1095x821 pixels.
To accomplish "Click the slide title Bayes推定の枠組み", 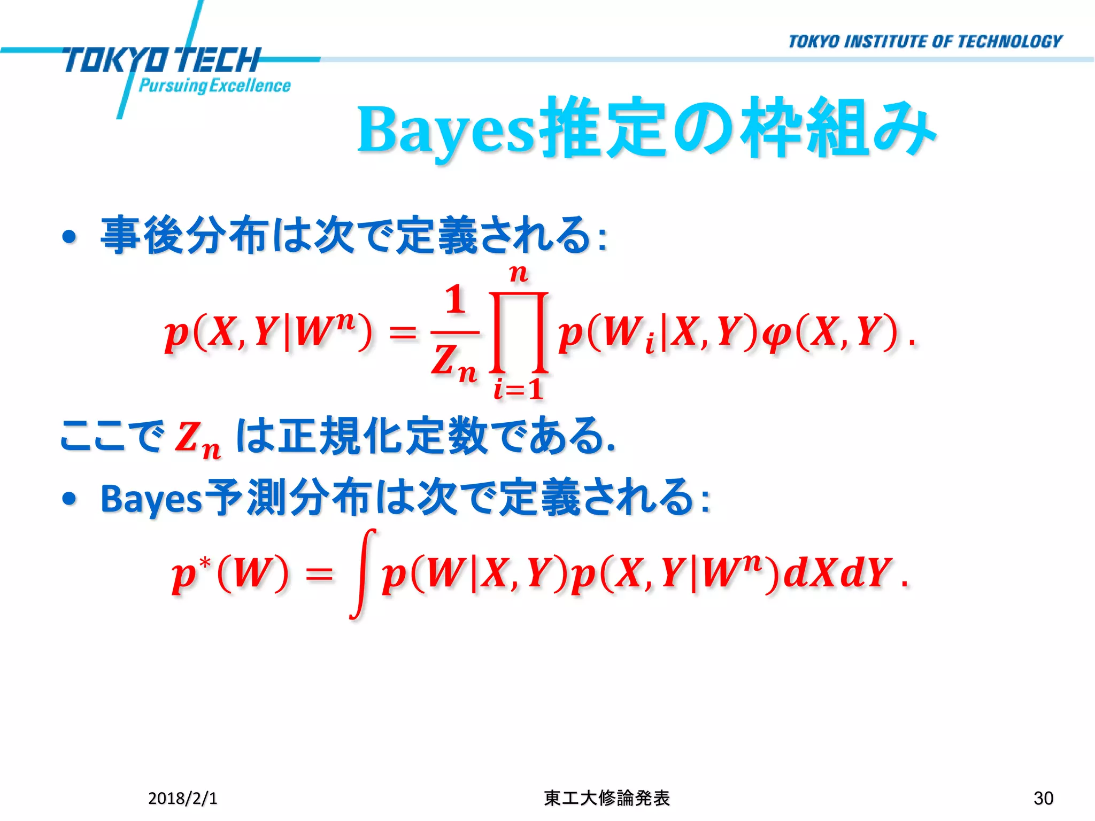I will coord(646,130).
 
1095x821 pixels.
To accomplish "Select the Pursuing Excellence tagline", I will coord(214,86).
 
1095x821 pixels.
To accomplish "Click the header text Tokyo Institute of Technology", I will coord(925,42).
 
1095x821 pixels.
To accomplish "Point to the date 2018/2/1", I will coord(183,798).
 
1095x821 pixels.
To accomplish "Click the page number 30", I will coord(1043,798).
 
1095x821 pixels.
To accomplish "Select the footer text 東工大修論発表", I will coord(607,798).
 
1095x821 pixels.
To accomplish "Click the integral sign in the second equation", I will coord(363,574).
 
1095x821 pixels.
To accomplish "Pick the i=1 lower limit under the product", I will coord(518,389).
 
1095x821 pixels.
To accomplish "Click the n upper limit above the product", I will coord(518,274).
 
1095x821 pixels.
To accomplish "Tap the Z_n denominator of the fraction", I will coord(454,362).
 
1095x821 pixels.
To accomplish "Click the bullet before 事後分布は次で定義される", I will coord(70,237).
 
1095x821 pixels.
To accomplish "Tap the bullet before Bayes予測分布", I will coord(70,499).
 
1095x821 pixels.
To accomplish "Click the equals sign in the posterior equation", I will coord(402,333).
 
